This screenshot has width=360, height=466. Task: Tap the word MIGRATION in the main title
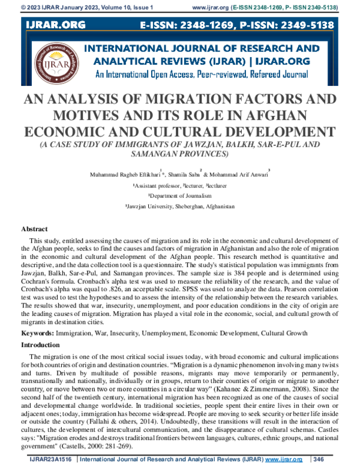[x=164, y=100]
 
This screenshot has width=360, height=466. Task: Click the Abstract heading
[x=35, y=229]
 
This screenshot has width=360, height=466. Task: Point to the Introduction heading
[x=44, y=345]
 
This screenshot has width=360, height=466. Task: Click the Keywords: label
[x=41, y=333]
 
